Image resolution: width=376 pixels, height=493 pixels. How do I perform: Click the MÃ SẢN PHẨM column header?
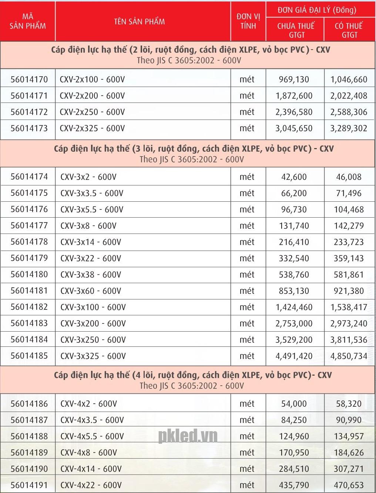coord(28,21)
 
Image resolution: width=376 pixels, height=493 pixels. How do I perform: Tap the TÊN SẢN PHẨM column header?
coord(139,21)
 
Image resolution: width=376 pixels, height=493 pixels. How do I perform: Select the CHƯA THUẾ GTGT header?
coord(296,30)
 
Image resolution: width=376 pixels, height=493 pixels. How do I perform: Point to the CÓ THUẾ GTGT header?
coord(349,30)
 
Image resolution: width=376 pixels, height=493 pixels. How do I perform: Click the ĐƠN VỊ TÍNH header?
coord(248,21)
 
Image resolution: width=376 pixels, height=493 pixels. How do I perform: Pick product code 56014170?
coord(29,79)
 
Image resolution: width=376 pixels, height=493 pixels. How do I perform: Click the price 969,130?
coord(294,79)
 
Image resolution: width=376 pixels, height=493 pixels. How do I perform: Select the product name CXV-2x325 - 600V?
coord(92,128)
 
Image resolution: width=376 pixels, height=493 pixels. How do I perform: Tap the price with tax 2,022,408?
coord(349,96)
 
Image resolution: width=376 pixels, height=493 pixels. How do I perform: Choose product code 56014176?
coord(29,209)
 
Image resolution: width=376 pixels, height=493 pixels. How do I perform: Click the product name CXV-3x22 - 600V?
coord(91,258)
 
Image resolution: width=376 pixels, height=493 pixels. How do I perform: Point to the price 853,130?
coord(294,291)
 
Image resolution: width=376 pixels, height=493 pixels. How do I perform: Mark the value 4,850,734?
coord(349,356)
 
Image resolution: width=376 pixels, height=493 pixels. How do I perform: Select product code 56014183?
coord(29,323)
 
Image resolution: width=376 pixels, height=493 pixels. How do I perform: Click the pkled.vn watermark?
coord(188,436)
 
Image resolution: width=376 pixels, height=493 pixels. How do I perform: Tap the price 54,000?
coord(294,404)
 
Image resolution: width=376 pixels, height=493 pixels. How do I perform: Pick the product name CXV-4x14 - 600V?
coord(91,469)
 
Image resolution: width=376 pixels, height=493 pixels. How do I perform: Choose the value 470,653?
coord(349,485)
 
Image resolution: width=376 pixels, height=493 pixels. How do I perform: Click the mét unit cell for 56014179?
coord(247,258)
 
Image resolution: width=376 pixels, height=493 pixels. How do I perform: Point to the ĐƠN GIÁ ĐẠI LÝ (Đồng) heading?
coord(317,10)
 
